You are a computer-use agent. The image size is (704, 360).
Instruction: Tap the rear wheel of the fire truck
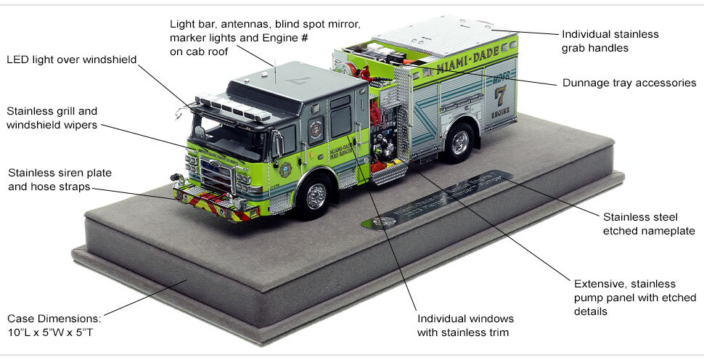[459, 142]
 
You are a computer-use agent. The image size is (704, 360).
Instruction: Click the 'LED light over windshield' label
[71, 59]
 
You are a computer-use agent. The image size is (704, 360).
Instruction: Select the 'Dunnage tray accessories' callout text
[629, 83]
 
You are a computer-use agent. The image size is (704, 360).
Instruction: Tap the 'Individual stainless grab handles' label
[610, 41]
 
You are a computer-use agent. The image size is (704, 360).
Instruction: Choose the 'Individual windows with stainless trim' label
[465, 326]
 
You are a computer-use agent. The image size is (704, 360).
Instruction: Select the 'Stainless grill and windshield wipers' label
[52, 118]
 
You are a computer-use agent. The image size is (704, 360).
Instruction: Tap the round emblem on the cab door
[314, 130]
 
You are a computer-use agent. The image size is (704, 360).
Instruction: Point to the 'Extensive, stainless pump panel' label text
[634, 297]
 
